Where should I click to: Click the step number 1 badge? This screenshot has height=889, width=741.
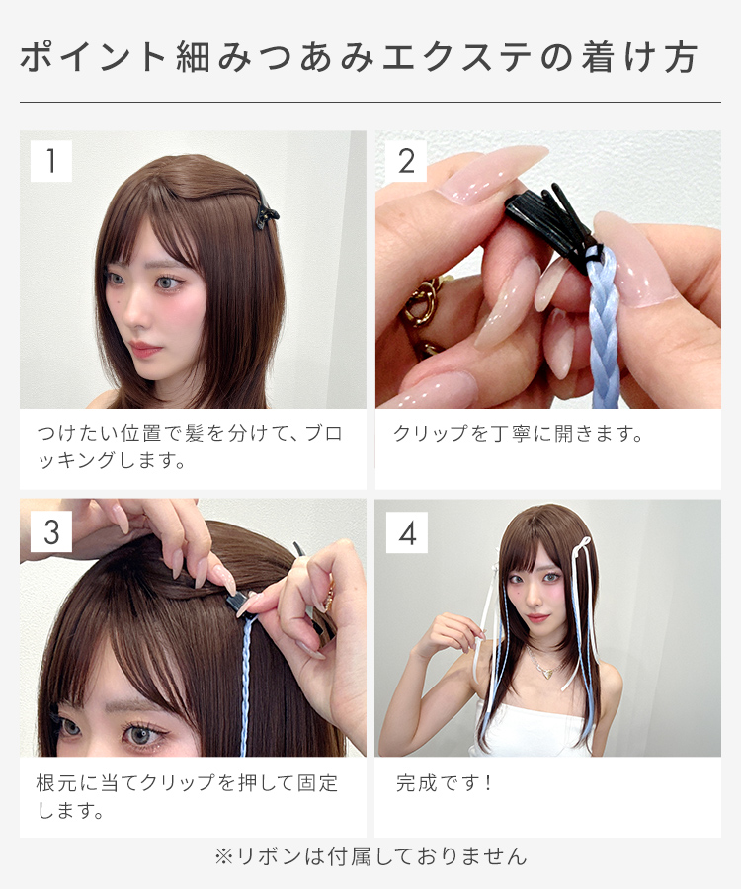point(51,161)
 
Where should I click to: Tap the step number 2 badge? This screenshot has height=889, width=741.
point(406,161)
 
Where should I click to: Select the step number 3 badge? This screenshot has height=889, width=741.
point(51,531)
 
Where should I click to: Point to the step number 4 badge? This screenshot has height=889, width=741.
point(407,533)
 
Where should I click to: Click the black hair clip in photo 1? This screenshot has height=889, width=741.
point(265,207)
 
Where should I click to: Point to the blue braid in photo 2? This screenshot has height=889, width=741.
point(602,329)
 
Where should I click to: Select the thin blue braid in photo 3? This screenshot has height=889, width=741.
point(246,687)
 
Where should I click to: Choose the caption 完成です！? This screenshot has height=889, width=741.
point(444,783)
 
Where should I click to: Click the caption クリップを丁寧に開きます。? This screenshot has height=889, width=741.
point(518,434)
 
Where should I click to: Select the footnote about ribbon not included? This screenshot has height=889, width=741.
point(370,856)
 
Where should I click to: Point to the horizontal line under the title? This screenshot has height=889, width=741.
point(370,103)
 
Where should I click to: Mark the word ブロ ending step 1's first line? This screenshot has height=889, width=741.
point(324,434)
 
